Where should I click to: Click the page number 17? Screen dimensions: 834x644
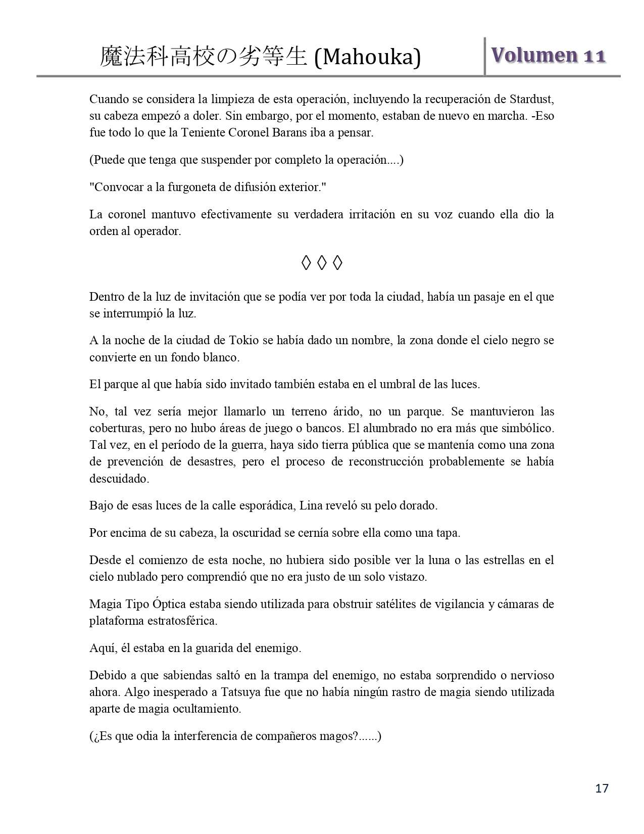(x=602, y=788)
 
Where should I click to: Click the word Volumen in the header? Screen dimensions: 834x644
(x=534, y=55)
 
